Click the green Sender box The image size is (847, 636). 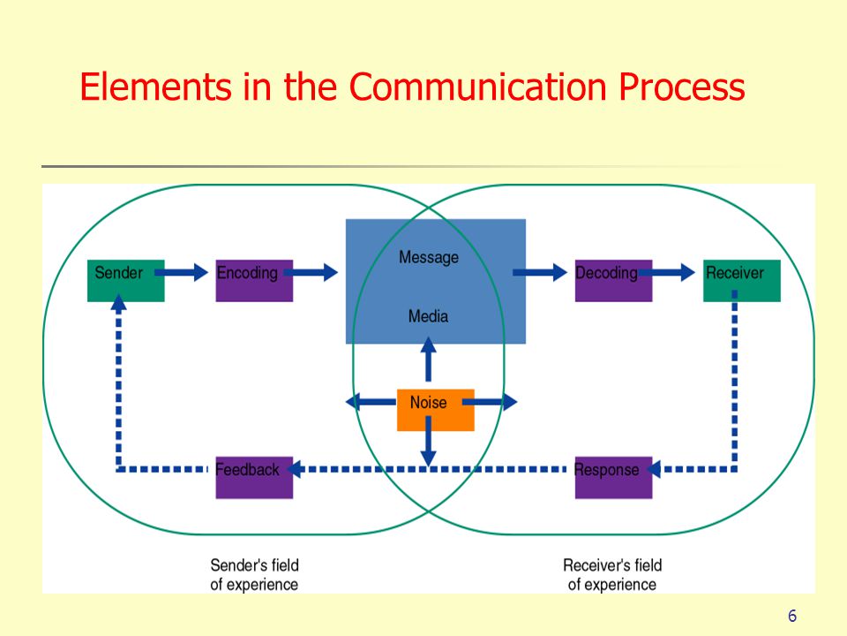pos(126,280)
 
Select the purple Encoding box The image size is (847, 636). pos(254,280)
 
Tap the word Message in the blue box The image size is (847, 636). pos(429,257)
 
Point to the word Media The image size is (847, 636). pos(429,316)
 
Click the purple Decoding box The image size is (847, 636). pos(614,280)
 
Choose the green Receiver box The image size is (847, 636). pos(742,280)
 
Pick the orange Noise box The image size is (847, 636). pos(435,410)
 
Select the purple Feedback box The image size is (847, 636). pos(254,478)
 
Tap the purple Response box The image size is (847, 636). pos(614,478)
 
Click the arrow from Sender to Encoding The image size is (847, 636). pos(182,272)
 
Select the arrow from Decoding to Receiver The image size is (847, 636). pos(667,272)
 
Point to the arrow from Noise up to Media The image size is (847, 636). pos(429,360)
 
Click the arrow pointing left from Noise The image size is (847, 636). pos(371,402)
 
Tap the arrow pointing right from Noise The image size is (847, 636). pos(490,402)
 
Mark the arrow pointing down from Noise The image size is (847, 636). pos(429,442)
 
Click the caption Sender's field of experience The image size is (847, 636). pos(254,575)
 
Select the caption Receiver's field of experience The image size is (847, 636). pos(612,575)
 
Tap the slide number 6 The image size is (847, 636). pos(792,616)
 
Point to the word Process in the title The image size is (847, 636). pos(682,87)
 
